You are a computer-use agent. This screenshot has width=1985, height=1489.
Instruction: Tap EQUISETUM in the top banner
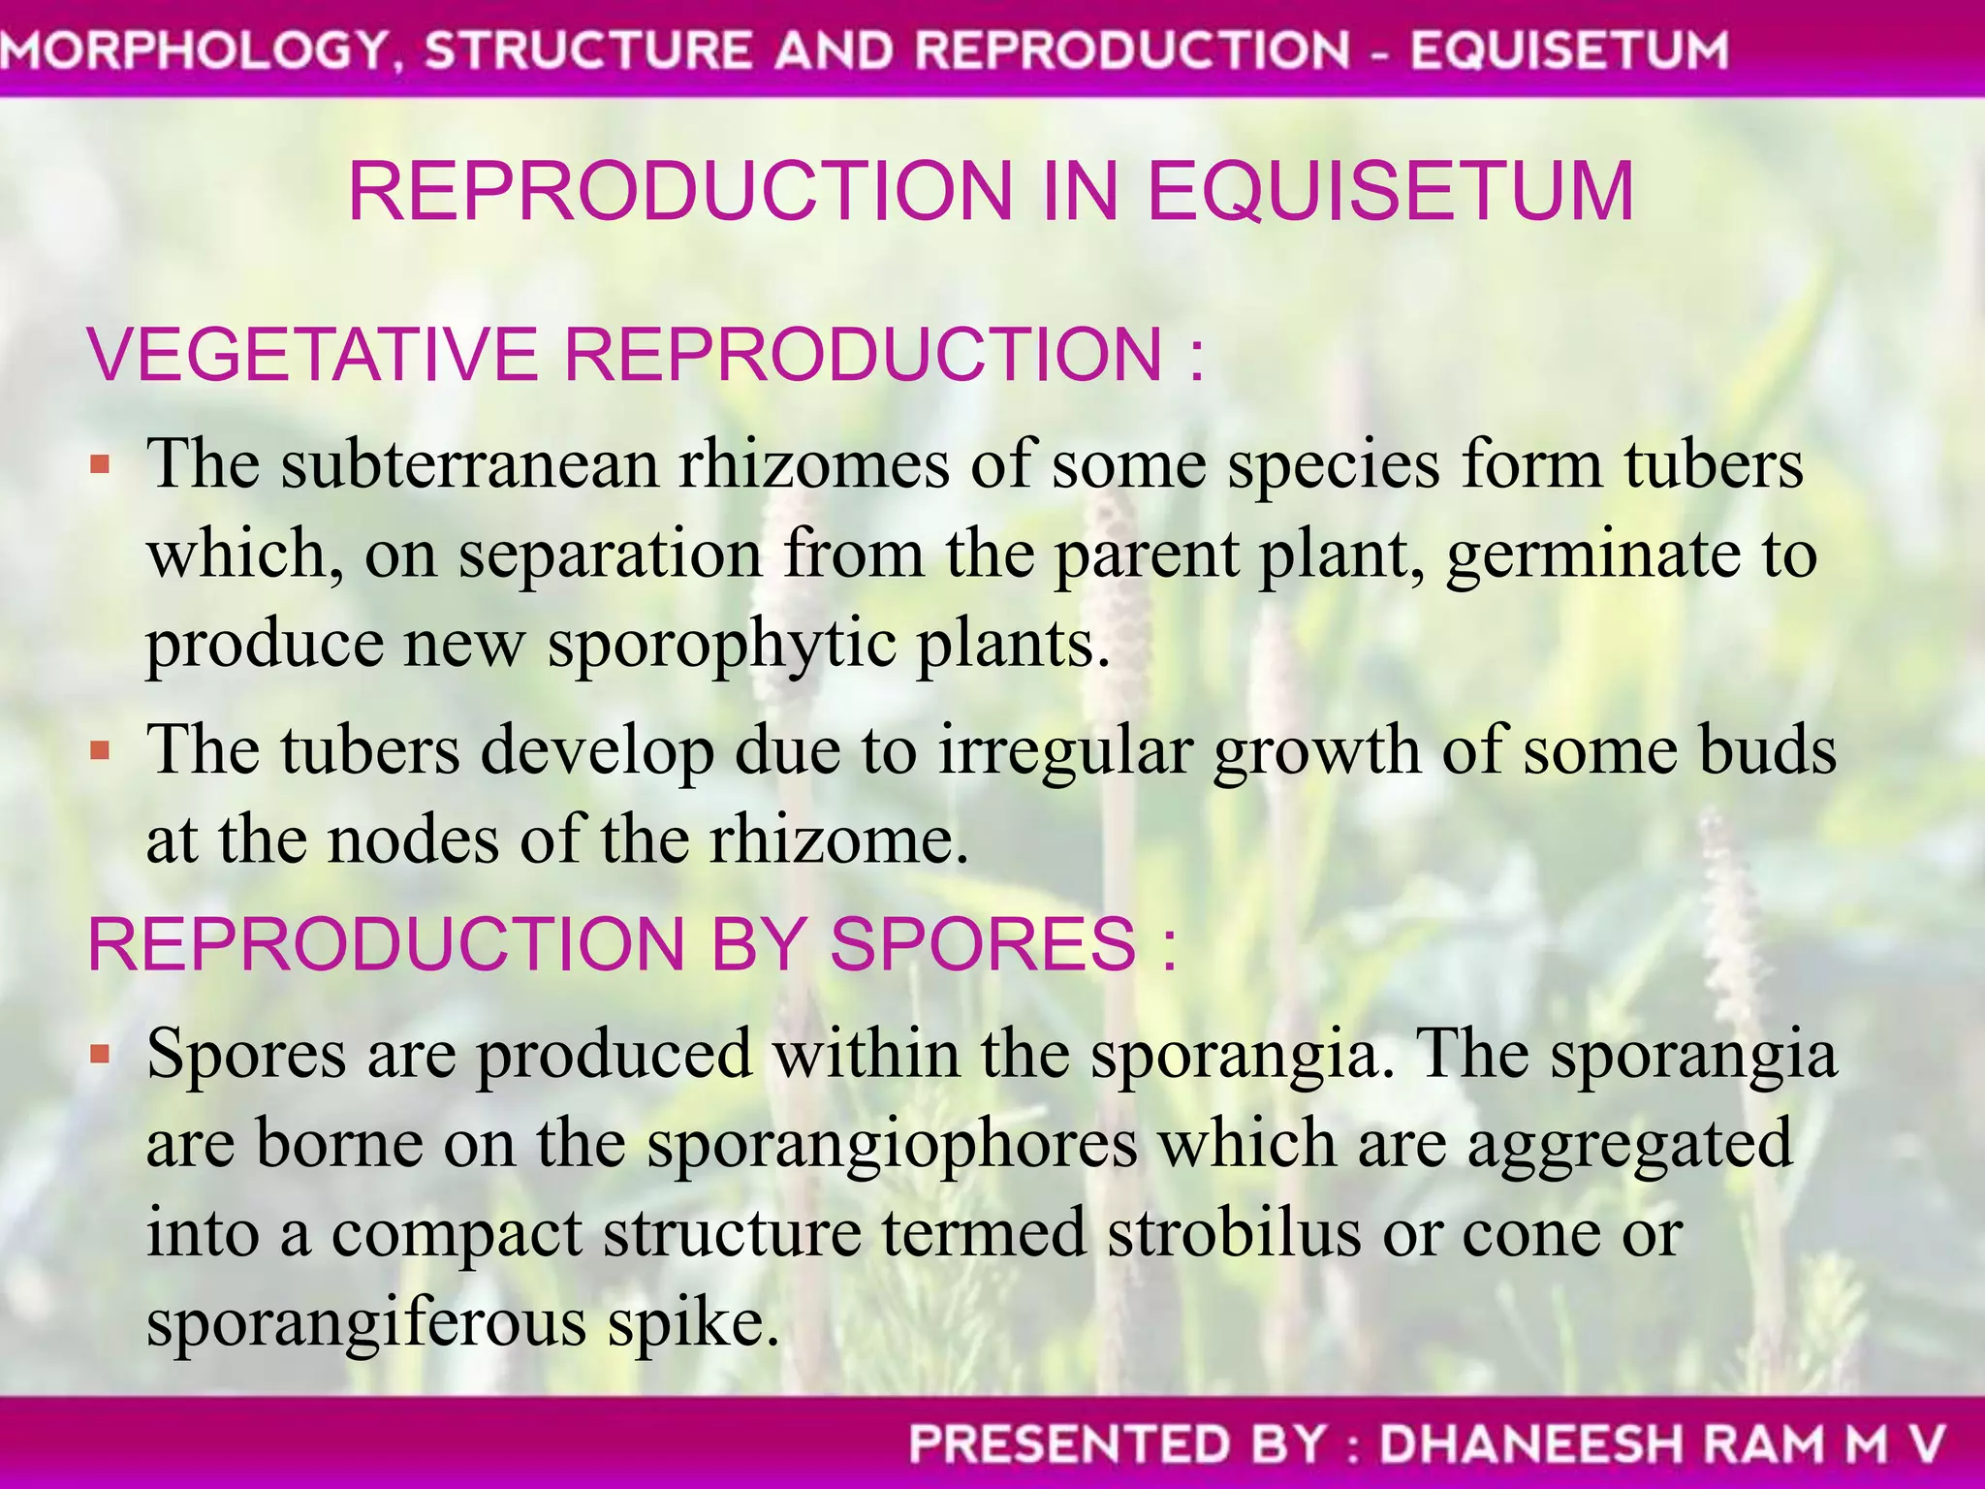point(1568,50)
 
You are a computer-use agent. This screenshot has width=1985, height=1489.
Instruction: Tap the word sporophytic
point(721,646)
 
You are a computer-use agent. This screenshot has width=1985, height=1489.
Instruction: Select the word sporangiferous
point(366,1324)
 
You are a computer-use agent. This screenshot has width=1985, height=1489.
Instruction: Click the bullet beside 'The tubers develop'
point(100,749)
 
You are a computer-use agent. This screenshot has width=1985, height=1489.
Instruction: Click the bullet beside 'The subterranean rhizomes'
point(100,465)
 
